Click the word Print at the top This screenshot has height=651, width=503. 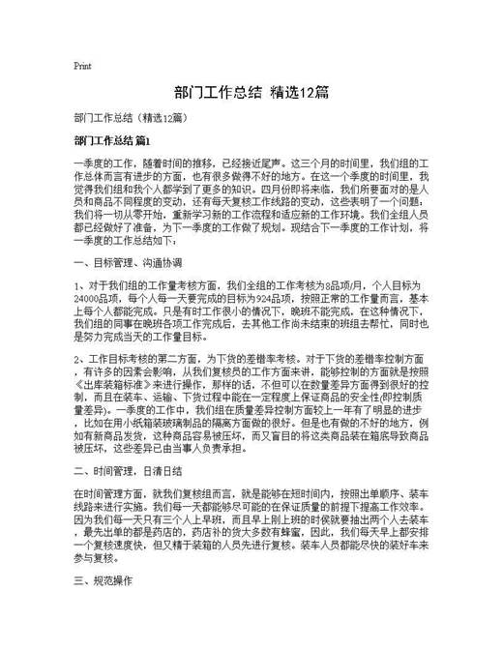(82, 67)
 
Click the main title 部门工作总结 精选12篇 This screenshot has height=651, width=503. (251, 93)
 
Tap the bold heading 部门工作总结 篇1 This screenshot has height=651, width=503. (114, 141)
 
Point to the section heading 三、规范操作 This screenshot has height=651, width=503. (102, 584)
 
